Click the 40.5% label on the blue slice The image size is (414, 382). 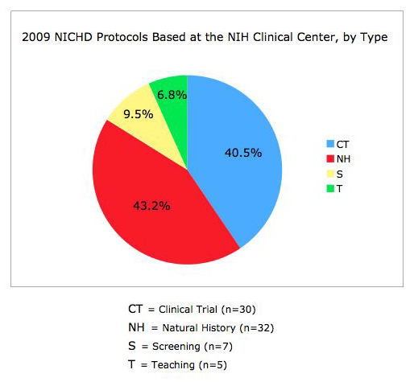243,153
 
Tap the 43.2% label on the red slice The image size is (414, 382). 151,206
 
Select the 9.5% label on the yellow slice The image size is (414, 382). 139,114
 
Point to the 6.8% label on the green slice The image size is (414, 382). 172,95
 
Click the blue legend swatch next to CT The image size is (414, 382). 330,144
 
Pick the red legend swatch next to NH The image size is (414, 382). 330,158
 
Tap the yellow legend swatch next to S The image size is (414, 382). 330,174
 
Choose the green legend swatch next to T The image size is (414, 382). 330,189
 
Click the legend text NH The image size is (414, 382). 343,159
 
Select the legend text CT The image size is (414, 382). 342,145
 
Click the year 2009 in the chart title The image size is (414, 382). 36,37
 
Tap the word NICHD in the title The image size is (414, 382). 73,37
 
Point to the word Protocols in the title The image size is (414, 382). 122,37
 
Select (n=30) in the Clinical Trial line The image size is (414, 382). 238,310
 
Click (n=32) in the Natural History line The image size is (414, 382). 257,328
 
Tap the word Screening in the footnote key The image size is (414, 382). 176,347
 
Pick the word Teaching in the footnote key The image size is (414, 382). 173,365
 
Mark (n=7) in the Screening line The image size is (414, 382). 218,347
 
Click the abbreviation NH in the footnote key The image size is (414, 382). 136,327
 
